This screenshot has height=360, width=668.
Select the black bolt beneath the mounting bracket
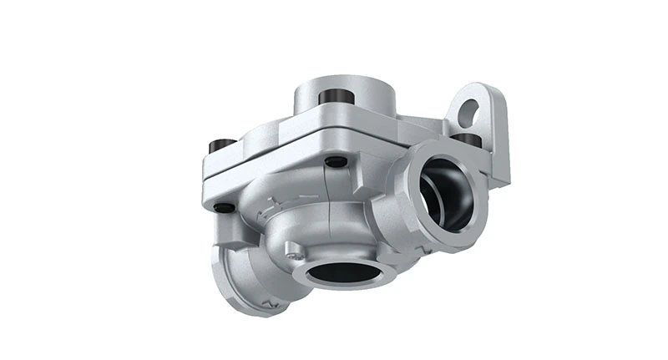coord(467,139)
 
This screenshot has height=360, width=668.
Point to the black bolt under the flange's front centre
coord(335,161)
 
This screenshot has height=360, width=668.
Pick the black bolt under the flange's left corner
coord(224,206)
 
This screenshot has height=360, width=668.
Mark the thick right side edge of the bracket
coord(502,142)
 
